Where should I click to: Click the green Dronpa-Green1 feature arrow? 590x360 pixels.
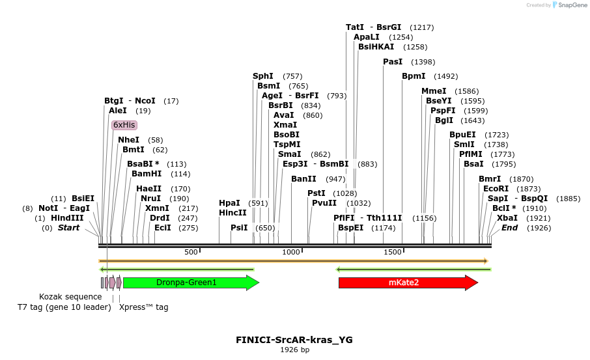(191, 283)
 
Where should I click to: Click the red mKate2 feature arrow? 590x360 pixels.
(408, 283)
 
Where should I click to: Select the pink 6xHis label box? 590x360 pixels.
(124, 125)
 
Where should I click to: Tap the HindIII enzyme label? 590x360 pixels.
(67, 218)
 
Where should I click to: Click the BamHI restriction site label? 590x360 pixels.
(147, 174)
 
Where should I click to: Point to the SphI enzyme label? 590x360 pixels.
(263, 76)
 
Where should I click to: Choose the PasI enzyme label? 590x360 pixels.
(393, 62)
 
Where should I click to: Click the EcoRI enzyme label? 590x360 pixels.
(496, 189)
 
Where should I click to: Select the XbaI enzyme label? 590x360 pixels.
(507, 218)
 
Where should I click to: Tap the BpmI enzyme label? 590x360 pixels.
(414, 76)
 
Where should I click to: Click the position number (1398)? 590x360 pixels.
(423, 62)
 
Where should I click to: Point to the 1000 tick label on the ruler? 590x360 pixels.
(291, 252)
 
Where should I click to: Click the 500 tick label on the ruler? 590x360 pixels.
(191, 252)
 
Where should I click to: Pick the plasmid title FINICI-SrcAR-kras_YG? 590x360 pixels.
(294, 340)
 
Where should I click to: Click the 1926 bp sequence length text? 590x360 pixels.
(294, 350)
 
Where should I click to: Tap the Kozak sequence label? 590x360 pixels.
(70, 297)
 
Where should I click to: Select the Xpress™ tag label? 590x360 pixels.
(144, 307)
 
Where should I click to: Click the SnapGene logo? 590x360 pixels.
(569, 5)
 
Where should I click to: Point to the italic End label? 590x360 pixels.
(509, 228)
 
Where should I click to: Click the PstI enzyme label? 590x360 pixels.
(316, 193)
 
